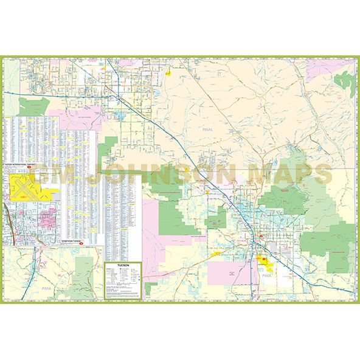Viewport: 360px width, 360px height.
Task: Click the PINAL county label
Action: pos(209,130)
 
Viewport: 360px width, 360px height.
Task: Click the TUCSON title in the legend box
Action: pos(122,265)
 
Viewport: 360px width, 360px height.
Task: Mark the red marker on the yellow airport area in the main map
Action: pos(263,260)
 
